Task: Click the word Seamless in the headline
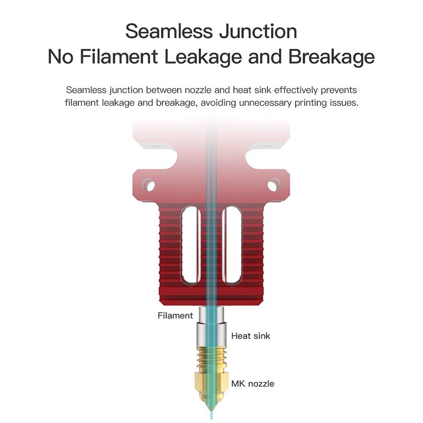pos(169,31)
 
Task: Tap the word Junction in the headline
pos(258,31)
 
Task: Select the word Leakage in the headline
pos(203,58)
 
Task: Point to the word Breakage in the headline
pos(332,58)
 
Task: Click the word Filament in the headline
pos(119,57)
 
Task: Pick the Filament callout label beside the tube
pos(176,315)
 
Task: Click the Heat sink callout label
pos(251,336)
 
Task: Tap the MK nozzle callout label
pos(253,384)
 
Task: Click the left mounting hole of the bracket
pos(149,186)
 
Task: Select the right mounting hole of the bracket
pos(273,186)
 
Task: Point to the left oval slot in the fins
pos(191,245)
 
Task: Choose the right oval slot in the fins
pos(232,245)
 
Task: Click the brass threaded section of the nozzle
pos(211,358)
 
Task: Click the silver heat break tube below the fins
pos(211,326)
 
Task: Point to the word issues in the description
pos(344,103)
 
